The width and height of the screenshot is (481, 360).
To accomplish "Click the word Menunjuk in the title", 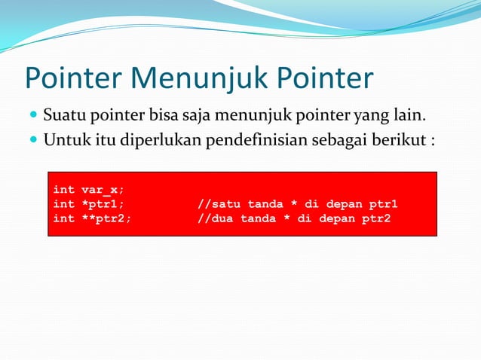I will pyautogui.click(x=199, y=78).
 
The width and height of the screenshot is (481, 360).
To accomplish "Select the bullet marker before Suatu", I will pyautogui.click(x=33, y=117).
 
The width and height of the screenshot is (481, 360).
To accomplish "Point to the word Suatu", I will pyautogui.click(x=63, y=116).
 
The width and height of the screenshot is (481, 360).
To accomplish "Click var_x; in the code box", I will pyautogui.click(x=103, y=190).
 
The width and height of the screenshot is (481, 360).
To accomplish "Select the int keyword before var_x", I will pyautogui.click(x=63, y=190).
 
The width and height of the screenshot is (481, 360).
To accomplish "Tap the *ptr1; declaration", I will pyautogui.click(x=103, y=204).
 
